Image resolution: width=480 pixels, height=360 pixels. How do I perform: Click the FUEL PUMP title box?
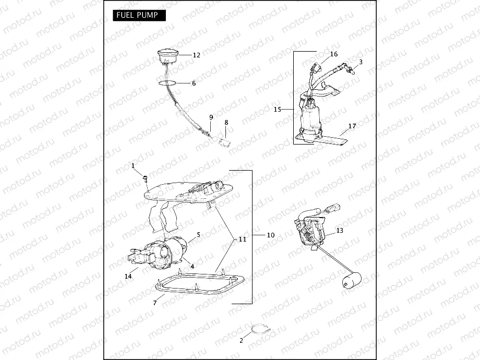click(x=139, y=15)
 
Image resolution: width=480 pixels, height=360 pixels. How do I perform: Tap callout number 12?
click(x=196, y=55)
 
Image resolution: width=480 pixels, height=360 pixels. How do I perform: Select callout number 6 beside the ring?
click(x=194, y=83)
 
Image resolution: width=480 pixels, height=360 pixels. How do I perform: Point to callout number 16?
click(x=334, y=54)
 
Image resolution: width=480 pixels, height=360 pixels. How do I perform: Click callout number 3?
click(x=361, y=62)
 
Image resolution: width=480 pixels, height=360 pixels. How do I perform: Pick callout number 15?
click(x=278, y=110)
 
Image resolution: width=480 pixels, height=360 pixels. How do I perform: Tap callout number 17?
click(x=352, y=126)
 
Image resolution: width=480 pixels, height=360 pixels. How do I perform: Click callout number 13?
click(x=340, y=230)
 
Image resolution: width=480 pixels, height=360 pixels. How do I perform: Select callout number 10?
click(x=270, y=235)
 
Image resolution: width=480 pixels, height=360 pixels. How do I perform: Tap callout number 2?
click(x=241, y=340)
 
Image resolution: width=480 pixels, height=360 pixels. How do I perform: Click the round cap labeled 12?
click(x=168, y=55)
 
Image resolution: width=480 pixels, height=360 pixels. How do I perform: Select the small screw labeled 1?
click(x=146, y=179)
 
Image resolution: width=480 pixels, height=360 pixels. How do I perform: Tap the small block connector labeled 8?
click(x=226, y=141)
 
